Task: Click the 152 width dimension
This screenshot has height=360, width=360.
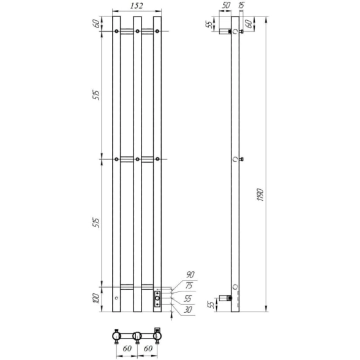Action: pyautogui.click(x=137, y=6)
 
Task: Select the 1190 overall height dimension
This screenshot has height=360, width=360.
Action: pyautogui.click(x=261, y=195)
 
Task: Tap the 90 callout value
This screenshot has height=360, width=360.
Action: pyautogui.click(x=190, y=274)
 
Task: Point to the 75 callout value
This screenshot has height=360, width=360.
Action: pyautogui.click(x=189, y=285)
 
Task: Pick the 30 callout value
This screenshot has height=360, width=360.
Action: pyautogui.click(x=187, y=310)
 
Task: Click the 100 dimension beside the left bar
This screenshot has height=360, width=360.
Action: pyautogui.click(x=97, y=298)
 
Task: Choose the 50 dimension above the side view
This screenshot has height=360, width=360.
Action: pyautogui.click(x=226, y=6)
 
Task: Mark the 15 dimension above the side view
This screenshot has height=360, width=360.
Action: pyautogui.click(x=241, y=5)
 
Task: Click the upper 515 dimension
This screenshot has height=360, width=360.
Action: pyautogui.click(x=97, y=96)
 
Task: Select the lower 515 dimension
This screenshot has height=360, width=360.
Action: pyautogui.click(x=97, y=223)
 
